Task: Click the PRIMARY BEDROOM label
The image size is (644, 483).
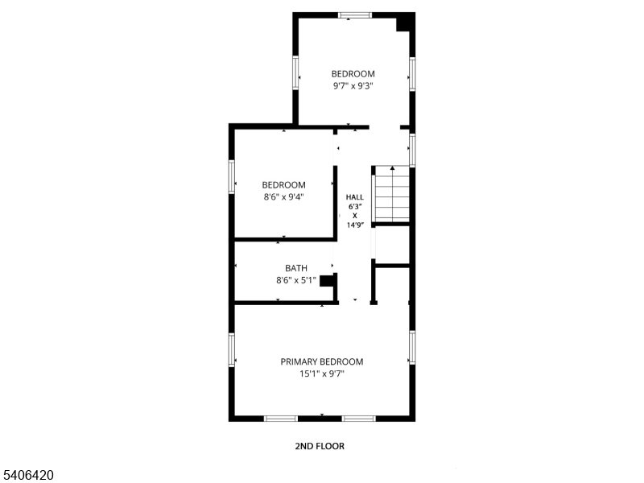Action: coord(321,361)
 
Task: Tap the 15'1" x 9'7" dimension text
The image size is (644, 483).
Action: coord(321,374)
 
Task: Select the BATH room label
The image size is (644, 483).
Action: coord(296,268)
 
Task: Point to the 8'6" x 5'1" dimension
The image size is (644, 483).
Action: coord(296,280)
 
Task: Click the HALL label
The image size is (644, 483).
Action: coord(354,197)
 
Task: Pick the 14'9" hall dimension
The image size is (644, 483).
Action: coord(355,225)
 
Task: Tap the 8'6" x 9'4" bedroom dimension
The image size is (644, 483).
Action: coord(284,196)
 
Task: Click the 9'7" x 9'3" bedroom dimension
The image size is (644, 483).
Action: coord(353,86)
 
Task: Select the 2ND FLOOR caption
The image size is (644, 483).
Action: coord(320,446)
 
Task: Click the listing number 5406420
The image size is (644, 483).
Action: coord(27,475)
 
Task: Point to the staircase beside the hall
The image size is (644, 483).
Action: coord(393,194)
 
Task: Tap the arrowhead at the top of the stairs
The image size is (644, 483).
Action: coord(393,168)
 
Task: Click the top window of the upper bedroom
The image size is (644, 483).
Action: coord(355,15)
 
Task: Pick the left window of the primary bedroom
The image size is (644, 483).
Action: coord(232,349)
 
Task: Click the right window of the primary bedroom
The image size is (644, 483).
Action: coord(412,348)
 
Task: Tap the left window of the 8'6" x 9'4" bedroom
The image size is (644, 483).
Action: coord(232,176)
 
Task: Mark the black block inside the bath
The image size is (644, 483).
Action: coord(328,281)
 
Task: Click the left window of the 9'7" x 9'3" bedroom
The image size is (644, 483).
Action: coord(295,72)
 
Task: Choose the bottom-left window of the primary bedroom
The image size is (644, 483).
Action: coord(280,419)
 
